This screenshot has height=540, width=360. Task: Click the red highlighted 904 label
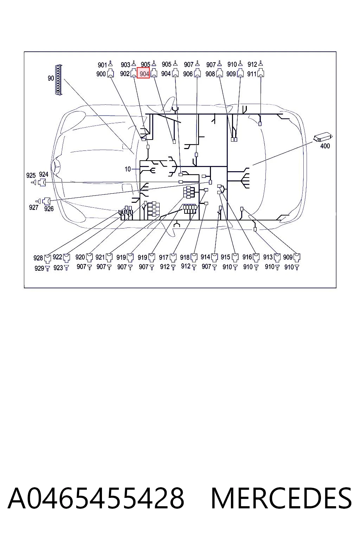tap(143, 73)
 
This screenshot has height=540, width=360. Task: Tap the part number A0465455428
tap(96, 499)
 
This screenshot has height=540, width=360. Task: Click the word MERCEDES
tap(281, 499)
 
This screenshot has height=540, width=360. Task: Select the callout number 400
tap(325, 146)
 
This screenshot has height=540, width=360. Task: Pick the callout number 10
tap(128, 169)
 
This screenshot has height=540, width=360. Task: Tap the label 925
tap(31, 175)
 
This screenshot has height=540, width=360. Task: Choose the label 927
tap(34, 207)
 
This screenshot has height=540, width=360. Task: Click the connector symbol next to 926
tap(46, 201)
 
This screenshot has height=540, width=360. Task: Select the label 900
tap(101, 74)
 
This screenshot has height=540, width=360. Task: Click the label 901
tap(102, 65)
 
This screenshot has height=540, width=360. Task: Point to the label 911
tap(252, 74)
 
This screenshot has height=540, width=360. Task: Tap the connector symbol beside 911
tap(261, 73)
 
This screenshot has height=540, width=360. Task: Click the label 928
tap(38, 258)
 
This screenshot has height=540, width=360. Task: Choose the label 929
tap(39, 268)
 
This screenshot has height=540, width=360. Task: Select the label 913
tap(268, 257)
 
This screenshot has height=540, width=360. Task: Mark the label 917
tap(163, 257)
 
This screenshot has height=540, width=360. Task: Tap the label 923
tap(58, 268)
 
